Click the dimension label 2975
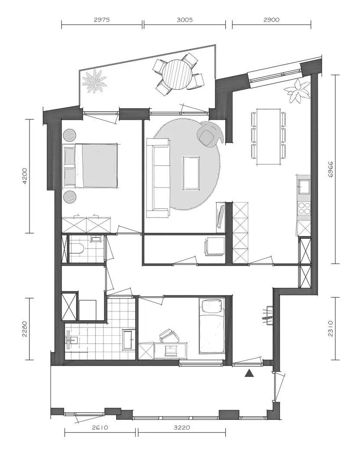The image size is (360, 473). pyautogui.click(x=102, y=20)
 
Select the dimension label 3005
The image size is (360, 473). pyautogui.click(x=185, y=20)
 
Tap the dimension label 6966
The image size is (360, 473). pyautogui.click(x=331, y=169)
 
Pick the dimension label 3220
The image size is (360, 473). pyautogui.click(x=182, y=428)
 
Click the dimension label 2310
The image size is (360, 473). pyautogui.click(x=331, y=328)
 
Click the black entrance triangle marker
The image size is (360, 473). pyautogui.click(x=249, y=373)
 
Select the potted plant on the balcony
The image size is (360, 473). pyautogui.click(x=95, y=81)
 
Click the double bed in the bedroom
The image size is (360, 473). pyautogui.click(x=90, y=165)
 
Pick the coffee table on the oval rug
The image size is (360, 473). pyautogui.click(x=191, y=173)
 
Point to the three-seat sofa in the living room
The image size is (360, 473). pyautogui.click(x=158, y=178)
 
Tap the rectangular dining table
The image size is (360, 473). pyautogui.click(x=269, y=136)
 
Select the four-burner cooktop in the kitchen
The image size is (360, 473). pyautogui.click(x=304, y=207)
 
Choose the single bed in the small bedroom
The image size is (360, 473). pyautogui.click(x=212, y=326)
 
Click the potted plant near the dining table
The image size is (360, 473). pyautogui.click(x=298, y=91)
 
